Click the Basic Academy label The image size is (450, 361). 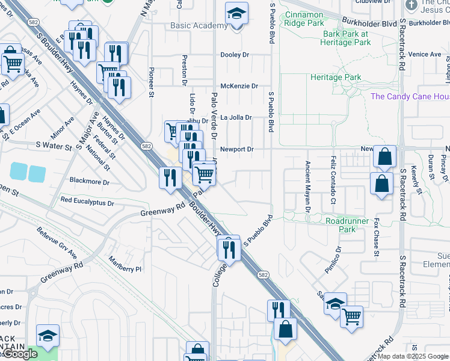tap(199, 26)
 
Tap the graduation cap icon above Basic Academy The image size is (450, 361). tap(237, 13)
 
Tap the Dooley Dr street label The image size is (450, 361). tap(235, 55)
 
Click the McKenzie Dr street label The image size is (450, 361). tap(239, 86)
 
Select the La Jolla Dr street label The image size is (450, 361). tap(236, 117)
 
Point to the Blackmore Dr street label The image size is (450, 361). tap(90, 181)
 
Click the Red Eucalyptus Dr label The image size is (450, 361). tap(87, 202)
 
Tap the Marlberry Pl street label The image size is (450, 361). tap(125, 265)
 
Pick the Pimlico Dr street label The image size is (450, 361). tap(333, 260)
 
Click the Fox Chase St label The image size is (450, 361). tap(376, 238)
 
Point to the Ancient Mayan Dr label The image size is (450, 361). tap(307, 187)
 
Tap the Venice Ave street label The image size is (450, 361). tap(425, 54)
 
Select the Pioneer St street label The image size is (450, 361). tap(151, 84)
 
